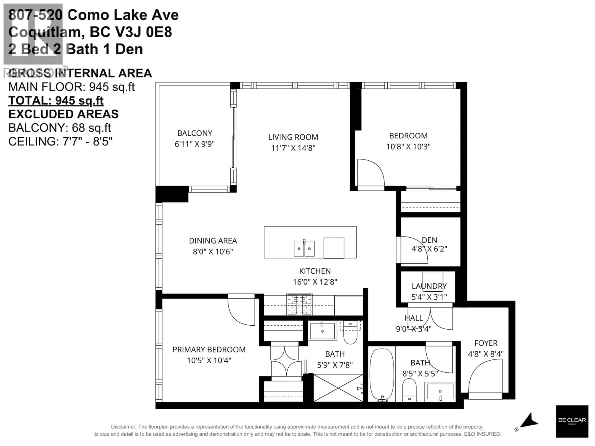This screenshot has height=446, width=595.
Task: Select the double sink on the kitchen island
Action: [x=304, y=248]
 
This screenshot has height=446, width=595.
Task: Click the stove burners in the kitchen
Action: [x=299, y=305]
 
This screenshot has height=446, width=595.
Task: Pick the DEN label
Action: [x=429, y=240]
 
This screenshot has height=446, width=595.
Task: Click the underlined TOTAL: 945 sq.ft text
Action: [x=56, y=101]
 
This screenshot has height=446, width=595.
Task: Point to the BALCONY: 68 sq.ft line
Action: [x=59, y=128]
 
